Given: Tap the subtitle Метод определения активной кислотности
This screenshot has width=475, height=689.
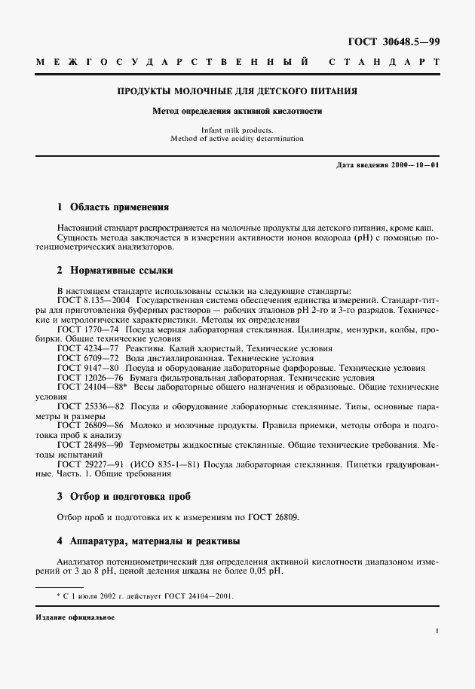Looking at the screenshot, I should (237, 111).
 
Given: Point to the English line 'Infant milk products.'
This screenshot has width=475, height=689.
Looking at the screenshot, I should (237, 130).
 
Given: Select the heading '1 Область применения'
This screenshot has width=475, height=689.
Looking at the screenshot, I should (113, 207).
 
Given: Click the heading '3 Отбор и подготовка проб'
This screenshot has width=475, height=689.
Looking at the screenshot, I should (124, 497).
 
